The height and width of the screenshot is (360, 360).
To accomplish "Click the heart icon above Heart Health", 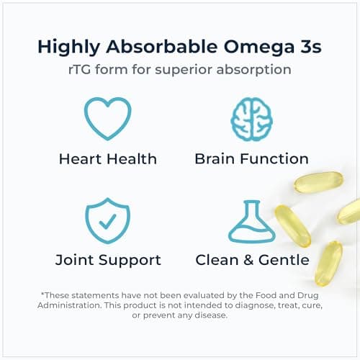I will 108,117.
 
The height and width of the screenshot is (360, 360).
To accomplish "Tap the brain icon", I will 251,117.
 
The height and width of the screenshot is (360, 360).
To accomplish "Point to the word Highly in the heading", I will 68,47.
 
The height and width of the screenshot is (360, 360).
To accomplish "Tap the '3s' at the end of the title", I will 309,47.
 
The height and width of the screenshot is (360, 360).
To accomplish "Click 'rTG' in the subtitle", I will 98,71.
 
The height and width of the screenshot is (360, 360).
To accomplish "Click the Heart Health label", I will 108,158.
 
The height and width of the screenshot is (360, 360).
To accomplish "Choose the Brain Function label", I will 251,158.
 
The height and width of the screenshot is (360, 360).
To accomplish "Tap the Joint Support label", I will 108,260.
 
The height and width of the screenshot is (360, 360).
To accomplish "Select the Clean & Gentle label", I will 252,260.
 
